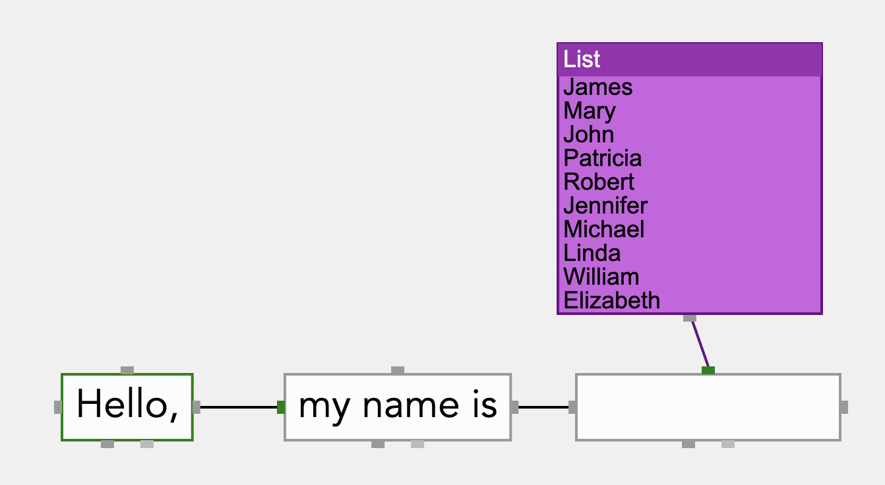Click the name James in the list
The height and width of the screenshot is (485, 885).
point(597,87)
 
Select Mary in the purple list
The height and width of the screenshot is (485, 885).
point(589,111)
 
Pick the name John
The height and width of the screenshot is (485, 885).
point(588,134)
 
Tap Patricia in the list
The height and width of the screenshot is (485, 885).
point(602,158)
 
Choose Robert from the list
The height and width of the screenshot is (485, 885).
point(599,182)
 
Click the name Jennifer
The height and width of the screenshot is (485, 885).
point(605,206)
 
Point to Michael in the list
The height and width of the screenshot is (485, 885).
point(604,229)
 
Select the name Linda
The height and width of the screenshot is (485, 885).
point(592,253)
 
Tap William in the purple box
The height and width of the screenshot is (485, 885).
point(601,277)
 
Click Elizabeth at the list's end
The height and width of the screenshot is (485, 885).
point(611,300)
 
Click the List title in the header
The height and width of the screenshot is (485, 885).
point(582,59)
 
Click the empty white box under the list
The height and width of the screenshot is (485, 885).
point(708,407)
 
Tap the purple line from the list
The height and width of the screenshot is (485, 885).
point(699,344)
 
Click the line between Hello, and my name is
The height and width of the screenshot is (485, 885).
point(239,407)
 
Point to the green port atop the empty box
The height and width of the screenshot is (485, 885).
point(708,370)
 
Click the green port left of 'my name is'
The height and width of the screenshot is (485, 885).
point(281,407)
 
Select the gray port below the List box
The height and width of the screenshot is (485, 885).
point(690,318)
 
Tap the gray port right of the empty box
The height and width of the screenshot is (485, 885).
point(844,407)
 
